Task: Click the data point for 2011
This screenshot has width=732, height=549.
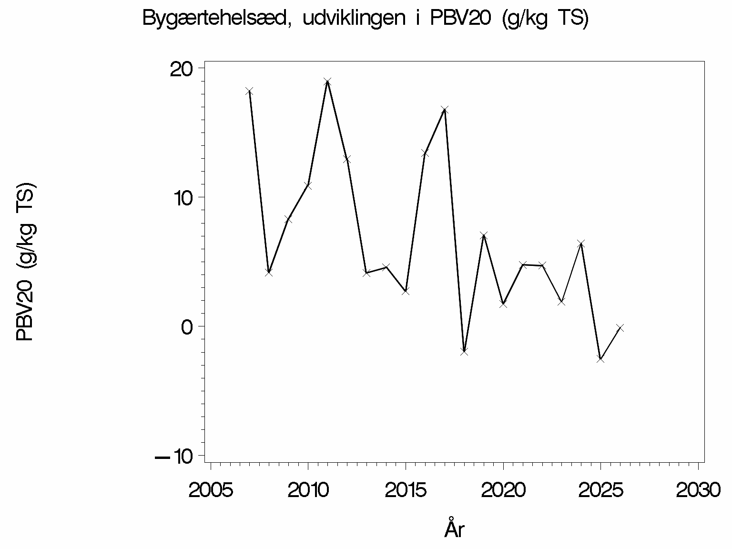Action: pyautogui.click(x=327, y=81)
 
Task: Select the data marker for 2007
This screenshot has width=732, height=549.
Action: pyautogui.click(x=249, y=91)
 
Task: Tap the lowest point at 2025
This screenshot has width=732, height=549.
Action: pyautogui.click(x=600, y=359)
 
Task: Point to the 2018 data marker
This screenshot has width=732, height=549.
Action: pyautogui.click(x=464, y=351)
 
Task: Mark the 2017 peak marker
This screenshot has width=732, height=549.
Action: pyautogui.click(x=445, y=110)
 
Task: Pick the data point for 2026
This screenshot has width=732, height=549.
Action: pyautogui.click(x=620, y=328)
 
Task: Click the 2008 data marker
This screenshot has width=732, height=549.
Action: pyautogui.click(x=269, y=272)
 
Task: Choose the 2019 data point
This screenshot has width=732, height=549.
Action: pyautogui.click(x=484, y=236)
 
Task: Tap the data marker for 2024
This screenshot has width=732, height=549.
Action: pyautogui.click(x=581, y=244)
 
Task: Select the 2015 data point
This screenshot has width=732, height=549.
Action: pyautogui.click(x=406, y=291)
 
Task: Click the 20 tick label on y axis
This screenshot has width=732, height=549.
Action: pyautogui.click(x=182, y=70)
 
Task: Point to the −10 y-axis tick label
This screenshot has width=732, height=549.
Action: pyautogui.click(x=174, y=457)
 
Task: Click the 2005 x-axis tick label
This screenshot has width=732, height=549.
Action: pyautogui.click(x=211, y=490)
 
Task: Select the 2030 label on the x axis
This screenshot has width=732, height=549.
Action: pyautogui.click(x=698, y=490)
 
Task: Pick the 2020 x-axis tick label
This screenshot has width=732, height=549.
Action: pyautogui.click(x=503, y=490)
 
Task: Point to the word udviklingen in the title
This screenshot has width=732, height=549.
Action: pyautogui.click(x=354, y=19)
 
